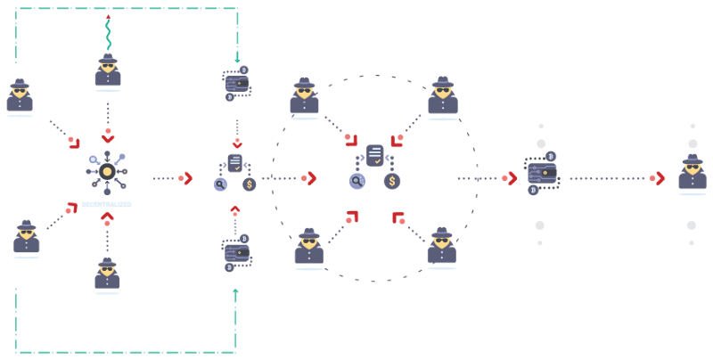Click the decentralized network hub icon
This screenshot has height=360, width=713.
coord(107,172)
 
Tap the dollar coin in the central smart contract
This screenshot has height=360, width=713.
coord(391,181)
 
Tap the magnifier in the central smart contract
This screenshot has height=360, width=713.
coord(357,181)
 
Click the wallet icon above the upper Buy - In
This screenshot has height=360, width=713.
coord(237,84)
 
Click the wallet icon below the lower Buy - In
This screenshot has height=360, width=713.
coord(237,253)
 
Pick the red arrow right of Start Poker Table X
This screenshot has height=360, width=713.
coord(186,178)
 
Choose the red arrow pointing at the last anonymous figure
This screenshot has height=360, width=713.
coord(658,178)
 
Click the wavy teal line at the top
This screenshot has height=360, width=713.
coord(108,32)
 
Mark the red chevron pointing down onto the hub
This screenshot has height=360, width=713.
coord(108,138)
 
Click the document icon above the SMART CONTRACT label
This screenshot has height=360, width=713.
coord(235,162)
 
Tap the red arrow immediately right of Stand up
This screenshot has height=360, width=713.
coord(509,178)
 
